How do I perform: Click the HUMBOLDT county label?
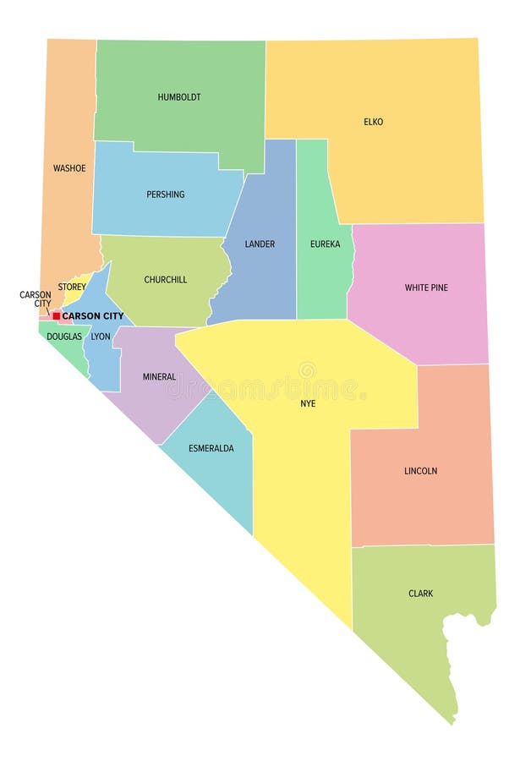[179, 97]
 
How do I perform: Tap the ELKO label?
[373, 122]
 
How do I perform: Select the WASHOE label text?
[69, 168]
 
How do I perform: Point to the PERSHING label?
[165, 194]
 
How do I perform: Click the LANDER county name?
[260, 244]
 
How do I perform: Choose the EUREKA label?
[325, 244]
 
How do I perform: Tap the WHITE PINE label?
[426, 287]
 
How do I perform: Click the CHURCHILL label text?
[166, 280]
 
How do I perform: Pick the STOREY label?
[72, 287]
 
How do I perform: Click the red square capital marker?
[57, 316]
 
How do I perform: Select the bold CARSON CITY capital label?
[93, 316]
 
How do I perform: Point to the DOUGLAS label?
[64, 337]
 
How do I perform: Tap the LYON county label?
[101, 337]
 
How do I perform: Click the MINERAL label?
[159, 377]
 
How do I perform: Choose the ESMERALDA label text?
[211, 448]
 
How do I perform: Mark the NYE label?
[308, 403]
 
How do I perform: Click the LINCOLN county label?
[420, 471]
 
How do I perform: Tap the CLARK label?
[420, 594]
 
